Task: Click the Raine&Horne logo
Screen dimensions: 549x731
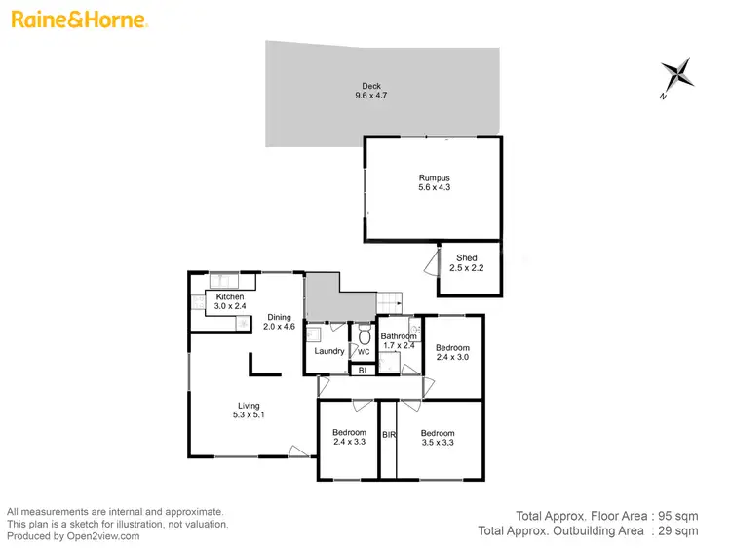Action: pyautogui.click(x=78, y=20)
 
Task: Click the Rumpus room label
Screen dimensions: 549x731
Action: pyautogui.click(x=434, y=177)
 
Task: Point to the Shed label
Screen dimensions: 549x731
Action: pyautogui.click(x=466, y=258)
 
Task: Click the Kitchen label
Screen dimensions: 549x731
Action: pyautogui.click(x=230, y=296)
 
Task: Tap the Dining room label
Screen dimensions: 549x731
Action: pyautogui.click(x=280, y=317)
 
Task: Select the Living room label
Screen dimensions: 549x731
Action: pyautogui.click(x=249, y=406)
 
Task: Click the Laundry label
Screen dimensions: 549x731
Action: pyautogui.click(x=328, y=351)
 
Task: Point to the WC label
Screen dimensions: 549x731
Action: pyautogui.click(x=364, y=352)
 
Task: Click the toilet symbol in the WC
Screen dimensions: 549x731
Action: pyautogui.click(x=364, y=333)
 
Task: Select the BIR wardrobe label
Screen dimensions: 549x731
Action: pyautogui.click(x=388, y=434)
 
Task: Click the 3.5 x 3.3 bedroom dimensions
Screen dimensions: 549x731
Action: pyautogui.click(x=438, y=443)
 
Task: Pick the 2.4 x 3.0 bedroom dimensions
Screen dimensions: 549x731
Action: pyautogui.click(x=452, y=358)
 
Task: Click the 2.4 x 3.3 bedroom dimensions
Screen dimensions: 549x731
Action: pyautogui.click(x=349, y=443)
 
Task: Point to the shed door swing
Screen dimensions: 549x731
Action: pyautogui.click(x=430, y=262)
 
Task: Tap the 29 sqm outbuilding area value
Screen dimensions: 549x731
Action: pyautogui.click(x=678, y=531)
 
